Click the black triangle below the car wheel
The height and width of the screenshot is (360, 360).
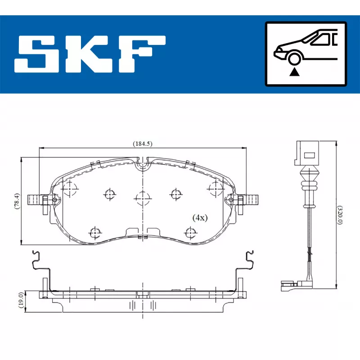click(x=294, y=72)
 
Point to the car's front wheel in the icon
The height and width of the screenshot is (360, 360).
click(x=294, y=59)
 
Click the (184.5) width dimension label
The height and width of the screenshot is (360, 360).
click(x=143, y=144)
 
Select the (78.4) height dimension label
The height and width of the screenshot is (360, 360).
click(x=17, y=201)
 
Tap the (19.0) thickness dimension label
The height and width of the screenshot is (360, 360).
click(x=21, y=300)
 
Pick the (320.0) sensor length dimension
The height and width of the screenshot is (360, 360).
click(x=340, y=215)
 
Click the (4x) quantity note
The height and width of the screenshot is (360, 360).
click(x=200, y=218)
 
